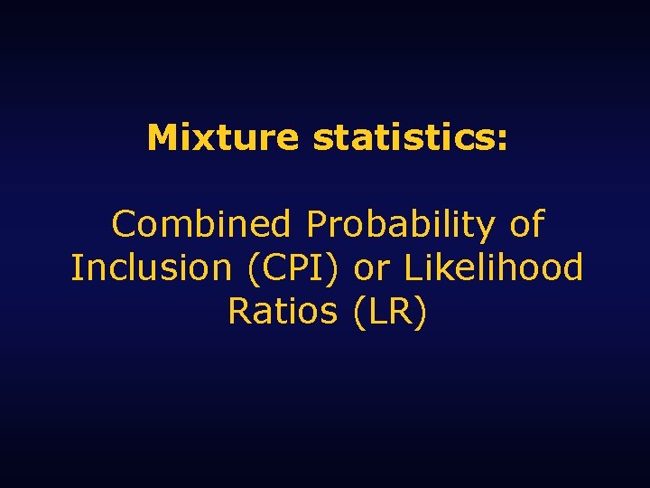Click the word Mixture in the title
(x=222, y=138)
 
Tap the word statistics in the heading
(x=405, y=138)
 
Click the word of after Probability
(x=526, y=224)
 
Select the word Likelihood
(x=493, y=267)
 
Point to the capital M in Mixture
(x=162, y=138)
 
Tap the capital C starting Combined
(x=122, y=224)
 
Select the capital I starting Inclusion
(x=76, y=267)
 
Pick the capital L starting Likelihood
(x=412, y=267)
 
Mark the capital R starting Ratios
(x=238, y=311)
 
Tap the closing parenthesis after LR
(x=419, y=313)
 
